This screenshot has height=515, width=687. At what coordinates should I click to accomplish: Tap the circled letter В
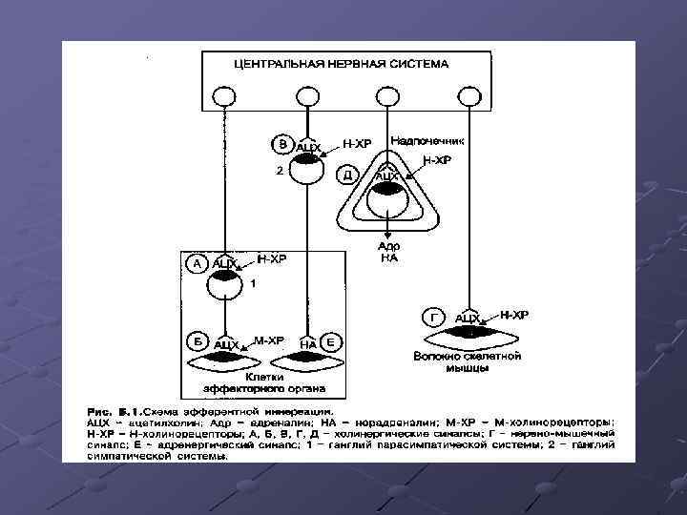(x=281, y=145)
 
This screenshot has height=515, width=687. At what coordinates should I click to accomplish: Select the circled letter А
(x=198, y=263)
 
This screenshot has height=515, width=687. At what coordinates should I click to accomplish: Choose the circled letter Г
(x=436, y=316)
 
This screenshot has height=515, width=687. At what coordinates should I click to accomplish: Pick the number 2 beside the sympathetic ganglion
(x=278, y=173)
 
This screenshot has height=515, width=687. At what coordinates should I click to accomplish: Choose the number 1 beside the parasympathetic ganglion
(x=253, y=283)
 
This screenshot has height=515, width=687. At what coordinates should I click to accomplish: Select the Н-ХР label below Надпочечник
(x=436, y=160)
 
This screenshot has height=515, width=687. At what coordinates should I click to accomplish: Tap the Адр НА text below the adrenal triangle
(x=388, y=251)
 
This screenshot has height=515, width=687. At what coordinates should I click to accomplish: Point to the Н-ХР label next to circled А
(x=271, y=258)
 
